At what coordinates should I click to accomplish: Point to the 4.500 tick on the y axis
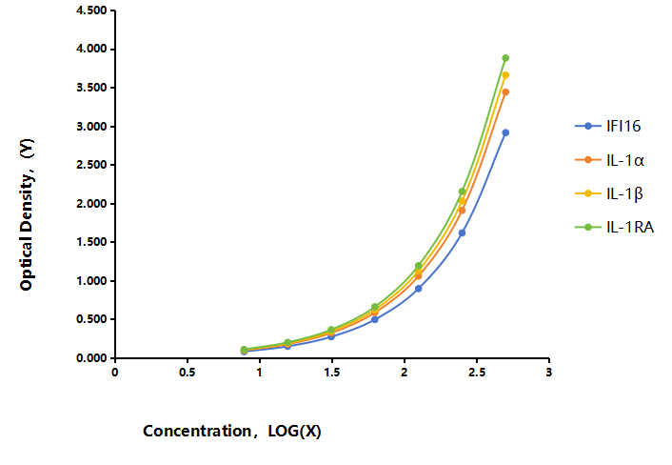91,10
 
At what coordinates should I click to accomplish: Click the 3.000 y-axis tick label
91,127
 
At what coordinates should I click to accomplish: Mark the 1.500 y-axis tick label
91,242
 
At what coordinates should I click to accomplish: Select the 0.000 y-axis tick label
91,358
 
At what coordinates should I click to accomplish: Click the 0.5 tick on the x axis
188,372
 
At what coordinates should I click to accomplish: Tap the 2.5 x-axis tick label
477,372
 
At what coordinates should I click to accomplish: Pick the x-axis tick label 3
549,372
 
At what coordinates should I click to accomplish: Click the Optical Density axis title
27,214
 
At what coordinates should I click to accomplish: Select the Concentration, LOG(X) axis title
232,431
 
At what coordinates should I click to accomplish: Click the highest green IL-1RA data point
505,58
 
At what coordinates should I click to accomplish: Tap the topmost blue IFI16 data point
505,133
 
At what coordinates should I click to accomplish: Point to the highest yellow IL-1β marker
505,75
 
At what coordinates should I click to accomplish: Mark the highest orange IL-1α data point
505,91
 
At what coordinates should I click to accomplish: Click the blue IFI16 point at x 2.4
462,232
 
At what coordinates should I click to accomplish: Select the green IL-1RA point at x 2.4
462,192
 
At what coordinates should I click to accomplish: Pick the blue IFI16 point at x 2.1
418,289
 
